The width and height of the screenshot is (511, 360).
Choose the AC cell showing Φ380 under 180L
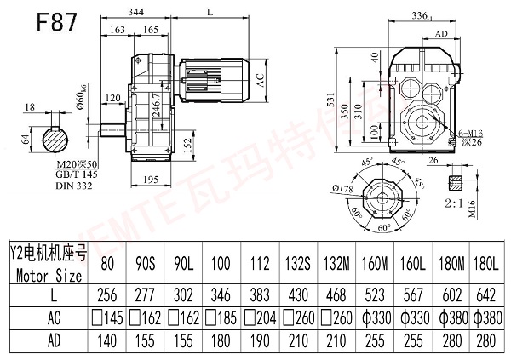(482, 318)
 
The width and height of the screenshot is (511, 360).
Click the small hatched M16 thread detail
(455, 183)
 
